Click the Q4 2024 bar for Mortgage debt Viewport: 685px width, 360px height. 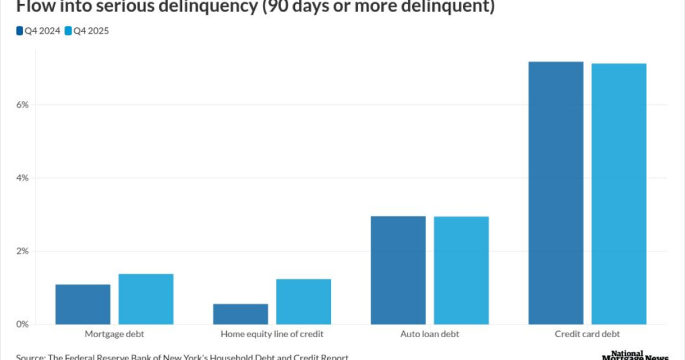[83, 304]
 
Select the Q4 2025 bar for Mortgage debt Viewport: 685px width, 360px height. [146, 299]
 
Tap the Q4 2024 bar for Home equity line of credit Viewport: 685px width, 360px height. [240, 314]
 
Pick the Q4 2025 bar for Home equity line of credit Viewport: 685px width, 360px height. [304, 302]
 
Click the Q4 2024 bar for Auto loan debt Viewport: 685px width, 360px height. [398, 270]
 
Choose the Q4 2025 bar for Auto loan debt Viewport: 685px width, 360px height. [461, 270]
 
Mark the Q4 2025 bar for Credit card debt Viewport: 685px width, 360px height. [619, 194]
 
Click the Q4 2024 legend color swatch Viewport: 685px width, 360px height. [19, 31]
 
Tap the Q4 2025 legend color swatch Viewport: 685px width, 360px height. [68, 31]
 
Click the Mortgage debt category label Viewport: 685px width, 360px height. [114, 334]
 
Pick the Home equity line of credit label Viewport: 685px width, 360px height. [272, 334]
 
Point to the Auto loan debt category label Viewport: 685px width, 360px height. [429, 334]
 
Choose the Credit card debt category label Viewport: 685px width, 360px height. [587, 334]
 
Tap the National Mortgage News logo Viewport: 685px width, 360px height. [635, 355]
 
